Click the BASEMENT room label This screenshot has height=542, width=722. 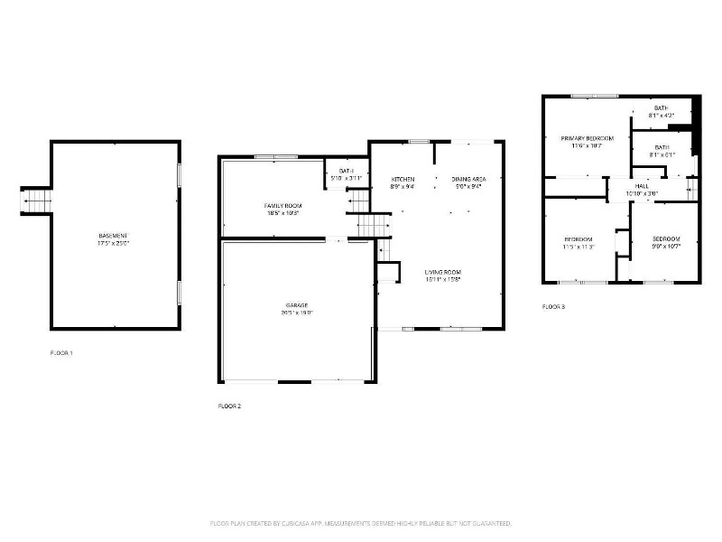pos(114,235)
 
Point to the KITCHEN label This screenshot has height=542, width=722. pos(403,179)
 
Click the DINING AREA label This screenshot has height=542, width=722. pos(467,179)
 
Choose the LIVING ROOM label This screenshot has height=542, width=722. pos(443,272)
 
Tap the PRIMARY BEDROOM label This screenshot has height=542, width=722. pos(587,138)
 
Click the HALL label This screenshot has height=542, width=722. pos(641,186)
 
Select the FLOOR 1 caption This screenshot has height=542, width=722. pos(61,352)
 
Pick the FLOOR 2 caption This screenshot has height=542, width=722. pos(229,406)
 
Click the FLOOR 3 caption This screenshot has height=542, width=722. pos(553,307)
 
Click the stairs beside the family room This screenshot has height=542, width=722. pos(370,224)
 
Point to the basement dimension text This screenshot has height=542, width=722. pos(114,242)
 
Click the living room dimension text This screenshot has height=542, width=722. pos(443,279)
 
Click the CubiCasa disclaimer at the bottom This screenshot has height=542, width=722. pos(361,523)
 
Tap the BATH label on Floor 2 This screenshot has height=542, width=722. pos(346,171)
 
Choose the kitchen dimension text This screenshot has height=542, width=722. pos(403,187)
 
